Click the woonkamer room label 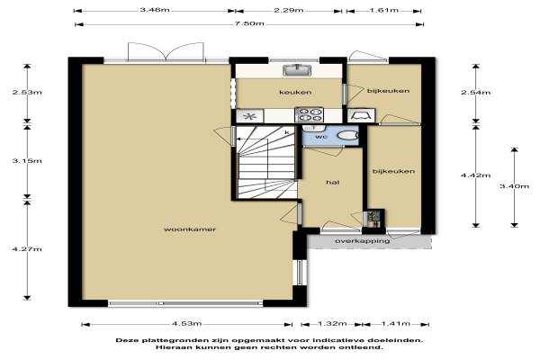pos(190,229)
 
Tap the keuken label pos(295,92)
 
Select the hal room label pos(333,182)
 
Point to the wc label pos(321,137)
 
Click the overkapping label pos(363,241)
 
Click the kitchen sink pos(297,70)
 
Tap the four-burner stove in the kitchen pos(310,114)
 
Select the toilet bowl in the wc pos(347,135)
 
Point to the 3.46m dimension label pos(155,10)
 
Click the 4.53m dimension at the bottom pos(186,323)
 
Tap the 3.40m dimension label pos(514,186)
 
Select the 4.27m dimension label pos(27,248)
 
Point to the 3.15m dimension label pos(27,160)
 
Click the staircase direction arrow pos(251,139)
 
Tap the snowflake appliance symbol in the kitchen pos(249,116)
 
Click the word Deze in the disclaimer pos(125,340)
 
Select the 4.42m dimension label pos(475,175)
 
